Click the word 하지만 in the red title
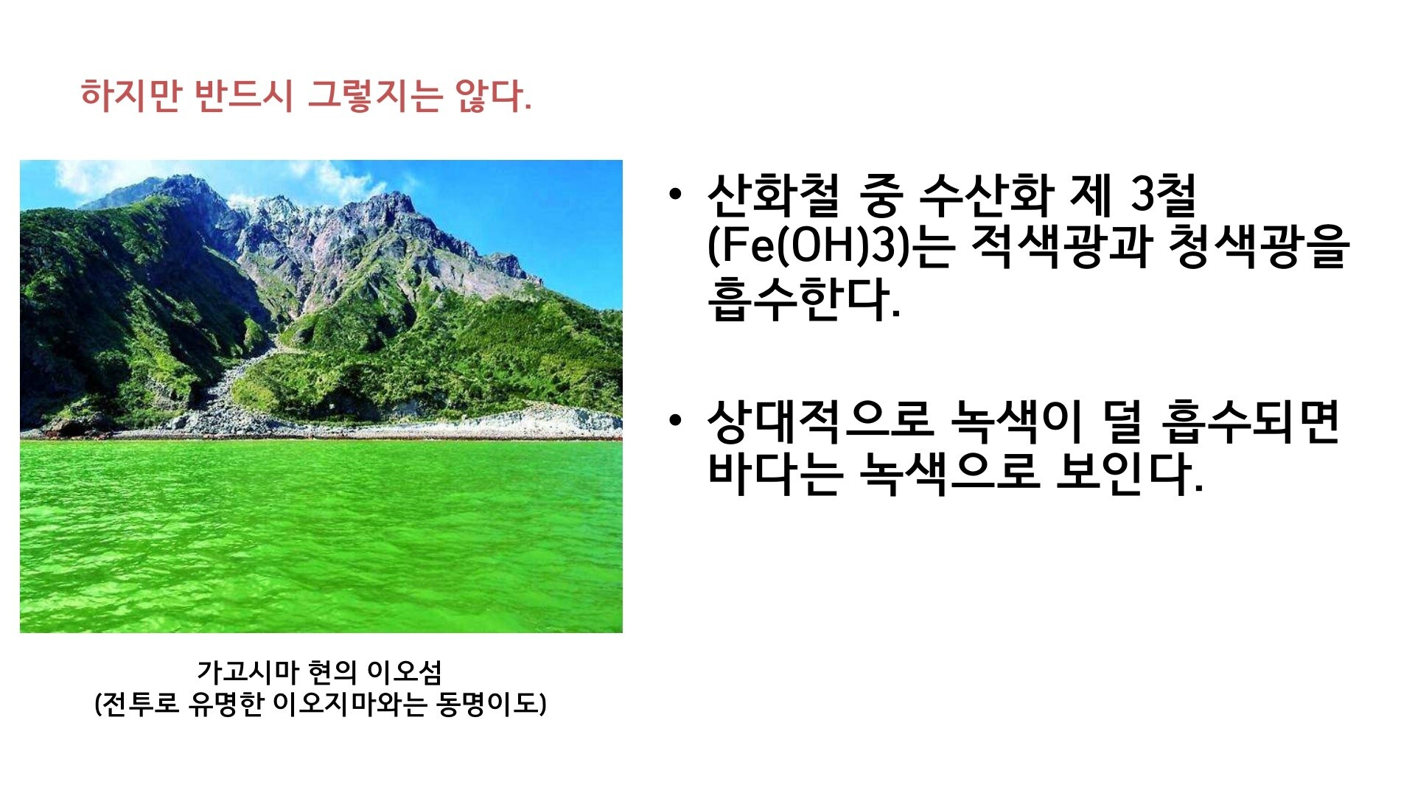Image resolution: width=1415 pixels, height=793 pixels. tap(130, 96)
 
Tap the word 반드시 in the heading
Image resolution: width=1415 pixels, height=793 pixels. tap(244, 96)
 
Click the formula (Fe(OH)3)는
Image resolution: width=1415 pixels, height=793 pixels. tap(831, 245)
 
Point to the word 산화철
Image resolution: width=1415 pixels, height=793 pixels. tap(773, 195)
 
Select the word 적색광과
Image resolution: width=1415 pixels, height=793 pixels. tap(1061, 245)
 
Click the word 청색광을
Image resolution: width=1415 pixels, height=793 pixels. tap(1259, 245)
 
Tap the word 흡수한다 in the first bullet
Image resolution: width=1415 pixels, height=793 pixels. tap(803, 299)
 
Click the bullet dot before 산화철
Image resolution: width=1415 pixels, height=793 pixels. tap(674, 195)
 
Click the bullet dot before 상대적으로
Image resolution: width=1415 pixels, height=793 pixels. tap(674, 421)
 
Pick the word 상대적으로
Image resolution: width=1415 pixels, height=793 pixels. tap(820, 421)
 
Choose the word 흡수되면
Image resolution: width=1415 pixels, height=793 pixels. tap(1250, 421)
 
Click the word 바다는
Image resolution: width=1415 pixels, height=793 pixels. tap(775, 472)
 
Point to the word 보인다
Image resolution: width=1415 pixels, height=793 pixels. tap(1129, 472)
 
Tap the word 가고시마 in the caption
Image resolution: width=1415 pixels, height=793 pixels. tap(247, 671)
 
